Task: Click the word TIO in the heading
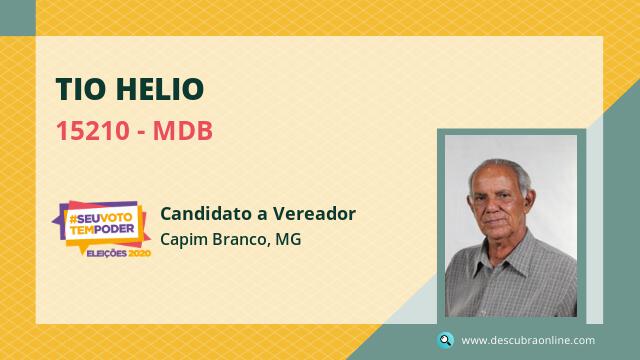pos(81,89)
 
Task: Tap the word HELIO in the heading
pos(160,89)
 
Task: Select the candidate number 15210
pos(93,131)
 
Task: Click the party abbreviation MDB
pos(183,131)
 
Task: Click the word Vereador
pos(314,213)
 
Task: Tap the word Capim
pos(184,240)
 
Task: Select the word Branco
pos(240,239)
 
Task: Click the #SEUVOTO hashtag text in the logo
pos(100,218)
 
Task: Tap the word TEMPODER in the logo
pos(102,230)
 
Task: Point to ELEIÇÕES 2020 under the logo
pos(119,253)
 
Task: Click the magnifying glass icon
pos(445,340)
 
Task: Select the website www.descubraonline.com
pos(528,340)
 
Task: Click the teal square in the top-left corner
pos(18,18)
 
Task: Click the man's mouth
pos(496,222)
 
